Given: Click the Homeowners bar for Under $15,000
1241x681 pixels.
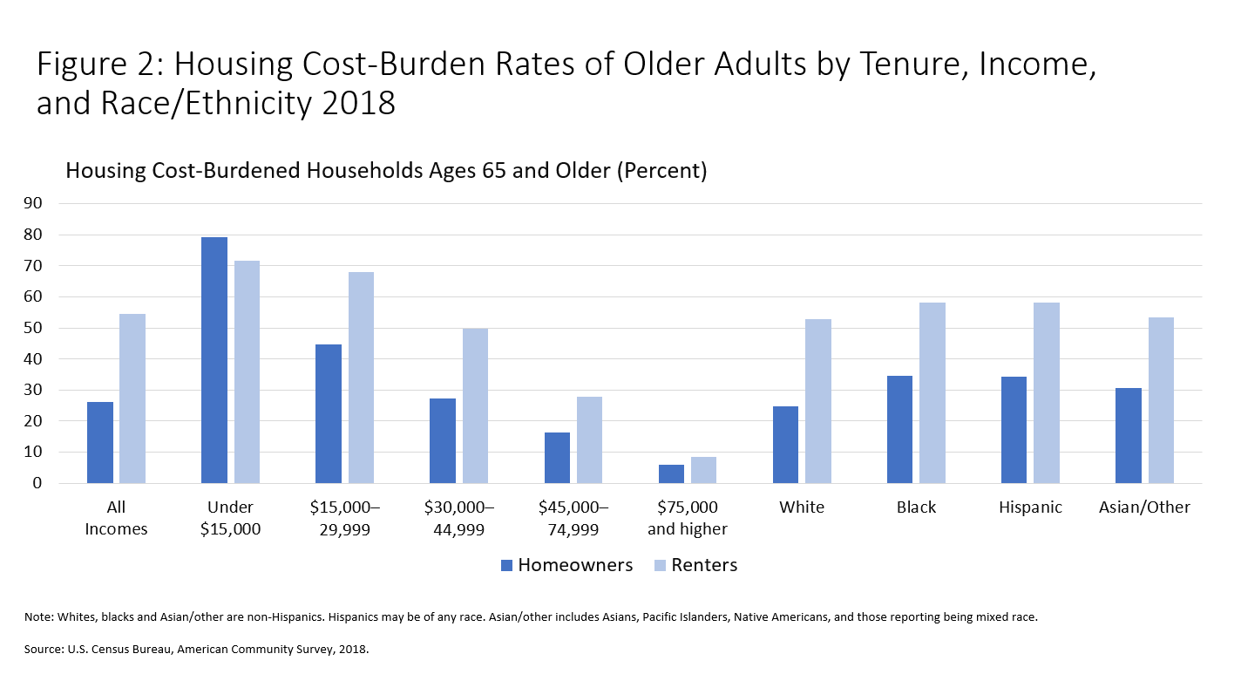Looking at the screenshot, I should tap(214, 360).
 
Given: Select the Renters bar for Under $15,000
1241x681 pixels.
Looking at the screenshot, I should tap(247, 371).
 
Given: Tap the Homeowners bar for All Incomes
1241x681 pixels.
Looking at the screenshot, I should tap(100, 442).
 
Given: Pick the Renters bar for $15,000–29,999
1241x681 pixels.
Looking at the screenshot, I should tap(361, 378).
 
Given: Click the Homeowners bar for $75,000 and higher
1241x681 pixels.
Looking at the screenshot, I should tap(671, 473).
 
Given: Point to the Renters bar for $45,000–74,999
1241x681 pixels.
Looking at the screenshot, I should tap(589, 439).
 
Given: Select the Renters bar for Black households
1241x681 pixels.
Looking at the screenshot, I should tap(932, 392).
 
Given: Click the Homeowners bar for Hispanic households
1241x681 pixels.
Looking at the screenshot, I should tap(1014, 430).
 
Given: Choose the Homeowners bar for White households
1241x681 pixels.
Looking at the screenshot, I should tap(785, 445).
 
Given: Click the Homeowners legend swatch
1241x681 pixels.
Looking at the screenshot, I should tap(507, 566).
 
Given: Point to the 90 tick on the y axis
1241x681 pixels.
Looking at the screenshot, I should tap(46, 204).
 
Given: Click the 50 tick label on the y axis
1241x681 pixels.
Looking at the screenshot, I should tap(46, 328).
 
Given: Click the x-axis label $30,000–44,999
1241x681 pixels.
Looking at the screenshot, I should tap(458, 518).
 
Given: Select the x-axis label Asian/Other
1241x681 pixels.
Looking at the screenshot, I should tap(1144, 507).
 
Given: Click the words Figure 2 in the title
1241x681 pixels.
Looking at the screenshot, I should tap(98, 66).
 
